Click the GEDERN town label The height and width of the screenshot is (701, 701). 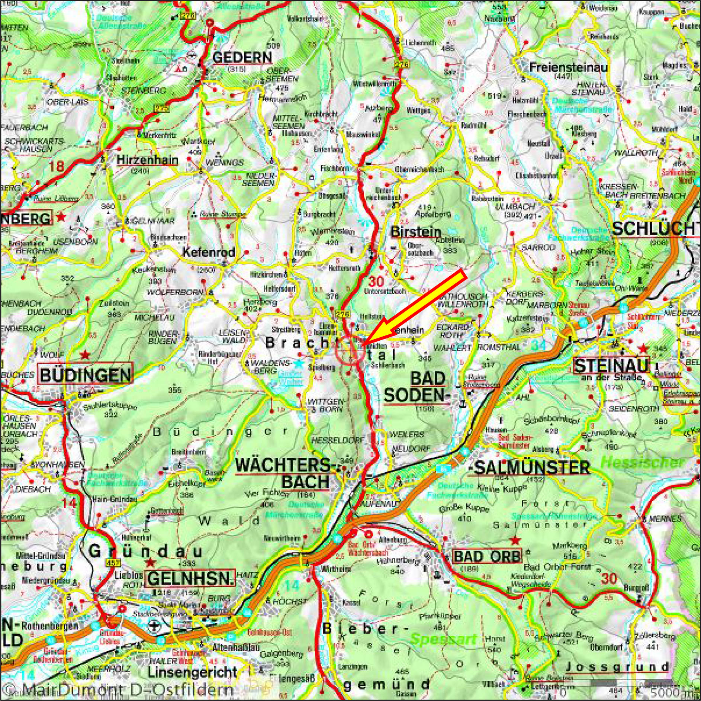pos(242,58)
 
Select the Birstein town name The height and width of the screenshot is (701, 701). pos(415,232)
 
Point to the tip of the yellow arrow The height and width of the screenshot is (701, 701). pos(363,343)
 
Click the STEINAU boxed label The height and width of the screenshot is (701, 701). pos(612,366)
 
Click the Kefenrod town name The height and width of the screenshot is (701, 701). pos(209,253)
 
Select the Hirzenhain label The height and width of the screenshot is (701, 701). pos(147,160)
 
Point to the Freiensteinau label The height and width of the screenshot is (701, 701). pos(569,68)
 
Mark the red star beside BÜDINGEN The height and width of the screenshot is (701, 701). pos(86,355)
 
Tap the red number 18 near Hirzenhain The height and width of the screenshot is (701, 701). pos(57,166)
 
